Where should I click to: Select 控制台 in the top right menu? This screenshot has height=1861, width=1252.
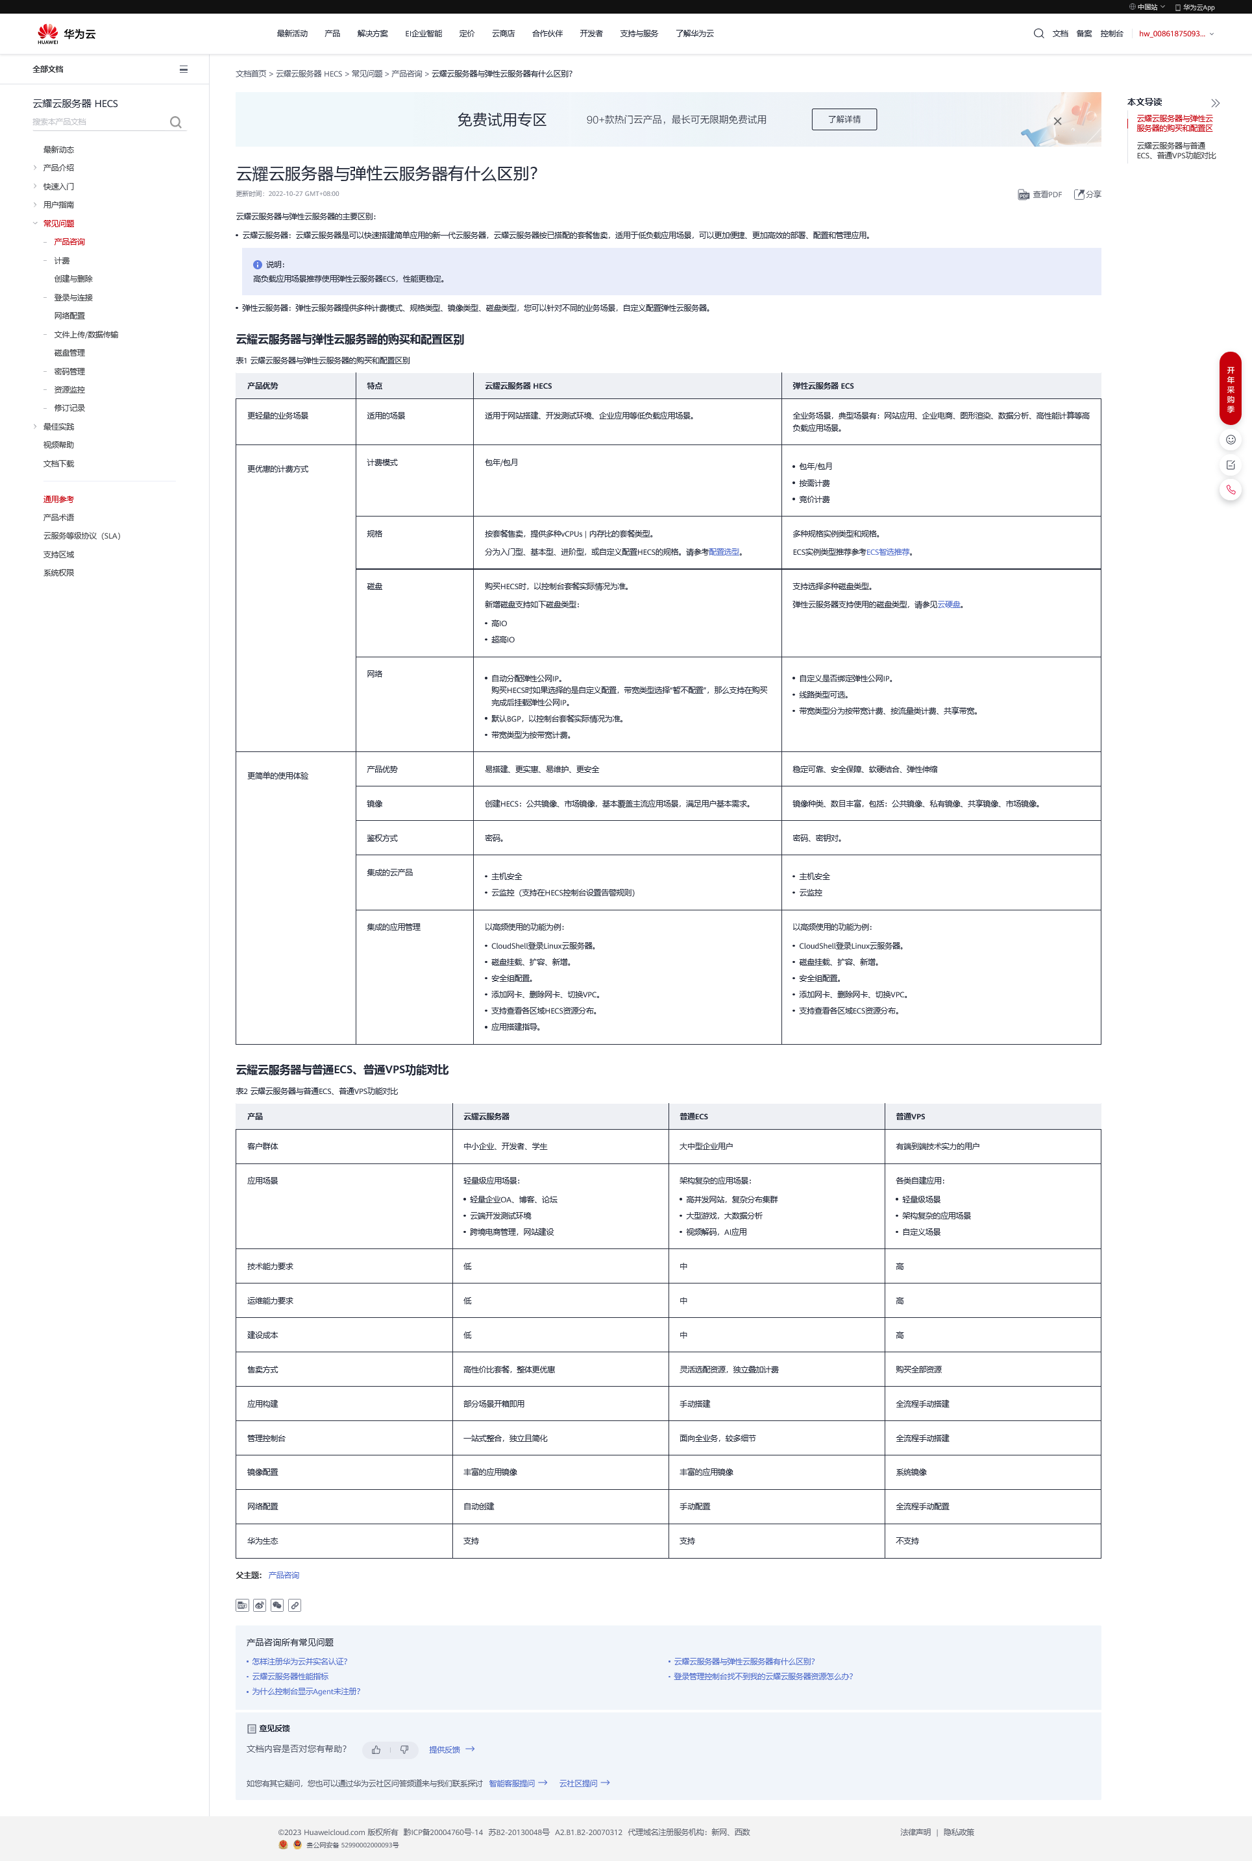click(1111, 34)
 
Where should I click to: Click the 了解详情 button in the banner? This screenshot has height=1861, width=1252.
click(844, 119)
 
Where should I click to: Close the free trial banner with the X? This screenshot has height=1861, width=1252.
click(1057, 121)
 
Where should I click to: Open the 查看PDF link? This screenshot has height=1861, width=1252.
click(1040, 195)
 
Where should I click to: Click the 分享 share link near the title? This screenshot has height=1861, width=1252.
click(1088, 195)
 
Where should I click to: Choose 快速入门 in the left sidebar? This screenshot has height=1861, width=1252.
click(58, 187)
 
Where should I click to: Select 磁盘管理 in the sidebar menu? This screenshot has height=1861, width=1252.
click(69, 353)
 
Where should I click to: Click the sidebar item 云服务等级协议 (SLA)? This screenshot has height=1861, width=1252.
click(81, 536)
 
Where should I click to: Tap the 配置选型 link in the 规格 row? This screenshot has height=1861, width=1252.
click(724, 552)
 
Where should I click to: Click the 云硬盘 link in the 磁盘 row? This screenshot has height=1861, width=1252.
click(949, 605)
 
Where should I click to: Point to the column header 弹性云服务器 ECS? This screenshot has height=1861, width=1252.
click(822, 386)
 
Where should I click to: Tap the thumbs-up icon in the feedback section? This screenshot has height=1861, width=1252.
click(376, 1750)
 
